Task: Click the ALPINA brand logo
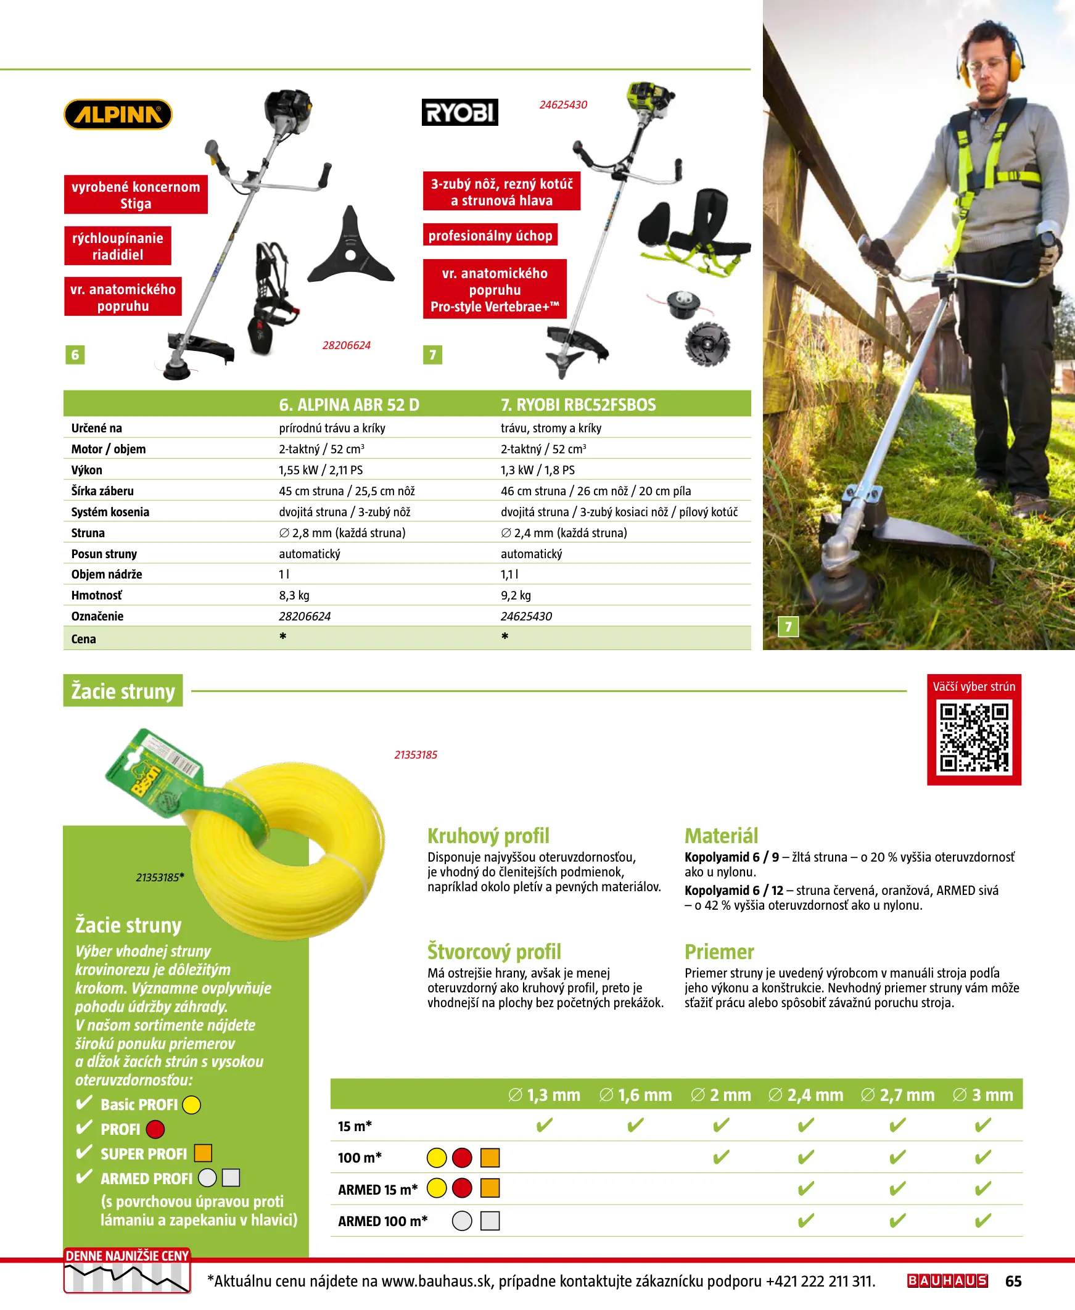pyautogui.click(x=118, y=115)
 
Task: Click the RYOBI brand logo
pyautogui.click(x=459, y=112)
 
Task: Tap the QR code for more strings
pyautogui.click(x=973, y=736)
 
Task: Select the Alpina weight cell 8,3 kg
pyautogui.click(x=294, y=595)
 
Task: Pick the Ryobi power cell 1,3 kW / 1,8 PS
pyautogui.click(x=538, y=470)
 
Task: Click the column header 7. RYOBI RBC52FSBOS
pyautogui.click(x=578, y=404)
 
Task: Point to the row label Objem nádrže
pyautogui.click(x=107, y=574)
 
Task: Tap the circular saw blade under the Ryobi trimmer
pyautogui.click(x=707, y=343)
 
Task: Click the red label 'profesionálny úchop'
pyautogui.click(x=490, y=235)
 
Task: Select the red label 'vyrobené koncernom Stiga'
pyautogui.click(x=136, y=194)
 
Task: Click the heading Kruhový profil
pyautogui.click(x=488, y=836)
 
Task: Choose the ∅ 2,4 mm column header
pyautogui.click(x=805, y=1095)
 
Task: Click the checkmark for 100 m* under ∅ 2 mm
pyautogui.click(x=721, y=1156)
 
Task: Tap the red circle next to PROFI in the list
pyautogui.click(x=155, y=1129)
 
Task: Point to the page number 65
pyautogui.click(x=1013, y=1281)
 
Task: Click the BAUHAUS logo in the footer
pyautogui.click(x=947, y=1280)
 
